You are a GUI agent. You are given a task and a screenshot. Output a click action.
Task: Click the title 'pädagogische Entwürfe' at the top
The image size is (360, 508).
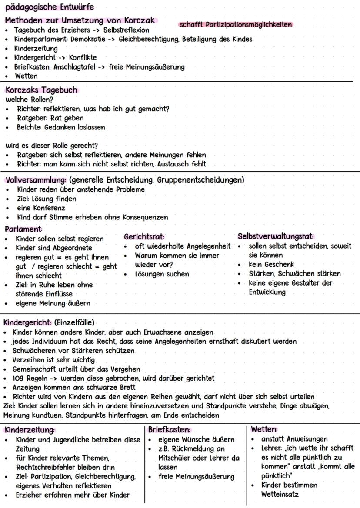[50, 7]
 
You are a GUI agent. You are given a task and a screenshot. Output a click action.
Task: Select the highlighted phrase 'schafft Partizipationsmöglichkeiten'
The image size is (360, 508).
[236, 24]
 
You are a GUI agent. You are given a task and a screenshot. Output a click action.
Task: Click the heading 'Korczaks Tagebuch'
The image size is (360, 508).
[41, 90]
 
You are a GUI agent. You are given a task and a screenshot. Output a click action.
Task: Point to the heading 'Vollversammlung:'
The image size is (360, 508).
[35, 180]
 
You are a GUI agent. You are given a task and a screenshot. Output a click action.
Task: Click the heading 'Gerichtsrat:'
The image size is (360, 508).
[144, 237]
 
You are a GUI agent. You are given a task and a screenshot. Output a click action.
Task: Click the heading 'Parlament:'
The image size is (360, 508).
[23, 229]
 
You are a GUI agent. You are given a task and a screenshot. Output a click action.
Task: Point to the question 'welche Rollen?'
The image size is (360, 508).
[29, 99]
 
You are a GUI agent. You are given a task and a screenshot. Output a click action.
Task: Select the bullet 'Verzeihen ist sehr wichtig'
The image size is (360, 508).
[54, 360]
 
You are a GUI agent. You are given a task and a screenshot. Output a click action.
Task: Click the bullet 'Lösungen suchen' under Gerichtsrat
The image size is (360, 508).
[162, 274]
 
